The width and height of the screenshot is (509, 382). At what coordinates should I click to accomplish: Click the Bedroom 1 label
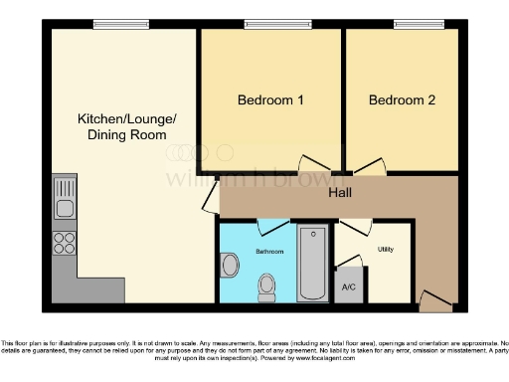(270, 100)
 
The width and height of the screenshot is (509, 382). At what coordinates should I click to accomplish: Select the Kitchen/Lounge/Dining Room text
(127, 126)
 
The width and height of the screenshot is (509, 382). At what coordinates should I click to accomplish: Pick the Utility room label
(386, 249)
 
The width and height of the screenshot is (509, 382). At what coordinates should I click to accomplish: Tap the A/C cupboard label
(349, 286)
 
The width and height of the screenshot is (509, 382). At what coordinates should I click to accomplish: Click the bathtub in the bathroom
(312, 264)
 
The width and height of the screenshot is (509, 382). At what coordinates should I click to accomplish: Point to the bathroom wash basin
(230, 265)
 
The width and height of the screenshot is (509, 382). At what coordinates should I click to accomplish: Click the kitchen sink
(65, 198)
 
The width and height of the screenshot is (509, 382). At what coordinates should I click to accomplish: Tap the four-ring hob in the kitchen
(65, 242)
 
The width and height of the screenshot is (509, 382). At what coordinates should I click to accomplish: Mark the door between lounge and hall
(209, 197)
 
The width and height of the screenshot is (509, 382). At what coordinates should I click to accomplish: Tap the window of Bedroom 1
(271, 25)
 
